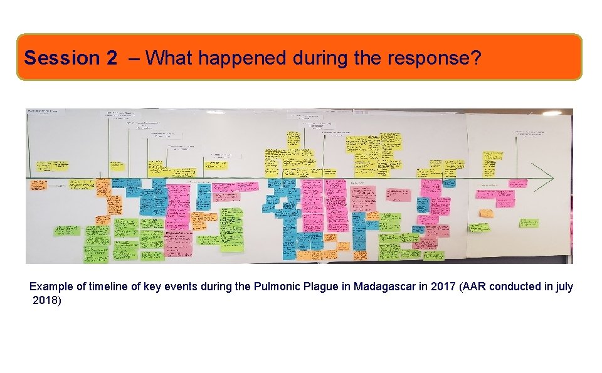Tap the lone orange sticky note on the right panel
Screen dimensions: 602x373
point(486,213)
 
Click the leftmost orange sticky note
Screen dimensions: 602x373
point(38,185)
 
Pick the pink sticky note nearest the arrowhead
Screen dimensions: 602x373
point(518,184)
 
